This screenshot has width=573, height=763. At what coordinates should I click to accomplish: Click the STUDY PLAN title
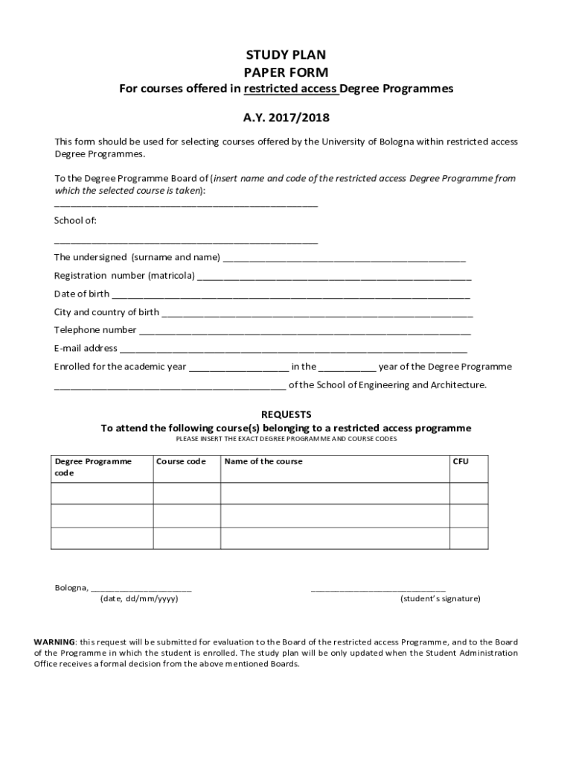(x=286, y=55)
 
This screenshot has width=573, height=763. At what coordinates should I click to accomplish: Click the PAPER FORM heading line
(x=286, y=72)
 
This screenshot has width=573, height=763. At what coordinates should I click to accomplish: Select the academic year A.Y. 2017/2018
(x=286, y=118)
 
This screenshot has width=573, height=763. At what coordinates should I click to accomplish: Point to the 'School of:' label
(x=75, y=221)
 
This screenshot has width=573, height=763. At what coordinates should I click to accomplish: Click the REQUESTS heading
(x=286, y=414)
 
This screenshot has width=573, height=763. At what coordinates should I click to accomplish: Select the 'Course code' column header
(x=181, y=461)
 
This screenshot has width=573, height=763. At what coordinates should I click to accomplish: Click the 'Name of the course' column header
(x=263, y=461)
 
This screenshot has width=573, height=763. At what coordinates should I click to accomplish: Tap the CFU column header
(x=461, y=461)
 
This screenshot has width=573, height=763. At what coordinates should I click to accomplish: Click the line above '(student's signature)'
(x=378, y=589)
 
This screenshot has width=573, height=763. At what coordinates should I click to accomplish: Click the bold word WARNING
(x=54, y=642)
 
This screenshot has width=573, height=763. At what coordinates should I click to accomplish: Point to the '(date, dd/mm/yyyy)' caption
(x=139, y=598)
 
